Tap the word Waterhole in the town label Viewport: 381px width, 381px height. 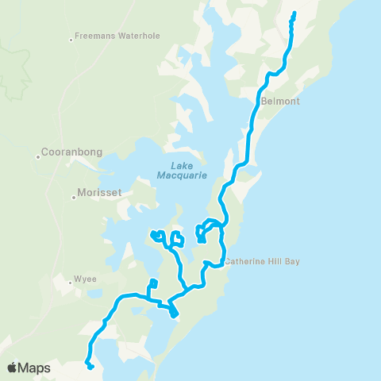click(x=128, y=37)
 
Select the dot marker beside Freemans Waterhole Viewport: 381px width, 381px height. click(x=71, y=37)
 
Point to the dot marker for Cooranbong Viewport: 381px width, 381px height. click(x=38, y=156)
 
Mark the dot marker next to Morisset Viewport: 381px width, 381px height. click(x=74, y=194)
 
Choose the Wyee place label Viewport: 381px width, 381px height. click(x=85, y=279)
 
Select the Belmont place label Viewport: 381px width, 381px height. click(x=279, y=102)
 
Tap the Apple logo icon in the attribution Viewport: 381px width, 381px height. click(x=13, y=368)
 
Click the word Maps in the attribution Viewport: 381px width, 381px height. click(x=35, y=368)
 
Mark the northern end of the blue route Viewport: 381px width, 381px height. click(x=294, y=13)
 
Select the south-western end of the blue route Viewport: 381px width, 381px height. click(x=91, y=367)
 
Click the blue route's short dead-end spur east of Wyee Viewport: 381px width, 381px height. click(x=153, y=283)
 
